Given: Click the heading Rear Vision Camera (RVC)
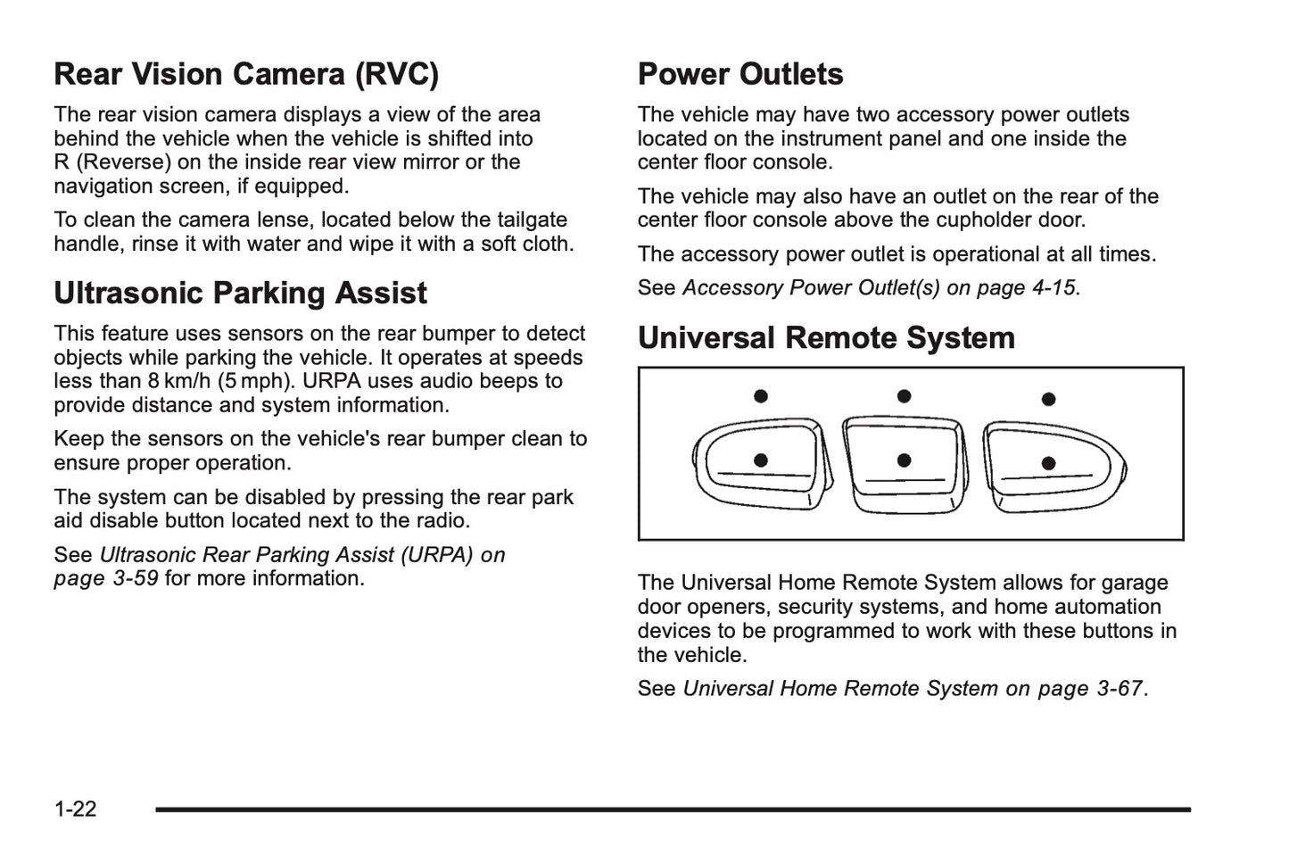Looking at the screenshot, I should click(x=246, y=74).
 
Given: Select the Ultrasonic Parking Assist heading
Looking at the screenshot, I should click(x=240, y=294).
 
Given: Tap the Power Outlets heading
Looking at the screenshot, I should click(x=740, y=74).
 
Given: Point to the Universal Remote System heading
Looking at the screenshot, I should click(x=826, y=338).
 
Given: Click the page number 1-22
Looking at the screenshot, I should click(x=75, y=809).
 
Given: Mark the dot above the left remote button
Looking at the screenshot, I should click(x=761, y=396).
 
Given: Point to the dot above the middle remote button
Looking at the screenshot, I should click(x=904, y=396).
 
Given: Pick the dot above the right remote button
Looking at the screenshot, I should click(x=1049, y=399).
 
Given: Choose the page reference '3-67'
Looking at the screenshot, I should click(x=1120, y=689).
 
